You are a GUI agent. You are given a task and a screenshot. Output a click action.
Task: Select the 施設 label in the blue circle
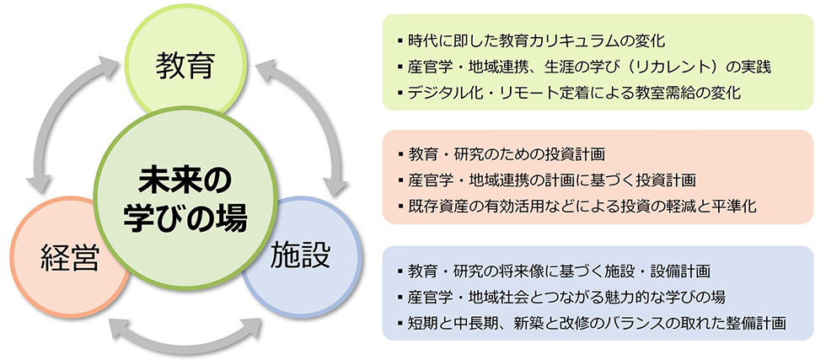point(301,256)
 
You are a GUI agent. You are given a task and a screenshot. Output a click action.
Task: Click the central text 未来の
point(185,182)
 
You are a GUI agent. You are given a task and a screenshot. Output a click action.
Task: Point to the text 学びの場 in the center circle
point(185,220)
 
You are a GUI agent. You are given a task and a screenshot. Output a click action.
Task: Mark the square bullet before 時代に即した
point(401,40)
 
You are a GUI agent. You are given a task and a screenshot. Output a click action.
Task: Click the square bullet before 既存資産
point(401,206)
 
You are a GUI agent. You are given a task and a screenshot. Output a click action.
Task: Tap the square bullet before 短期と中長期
point(401,323)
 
